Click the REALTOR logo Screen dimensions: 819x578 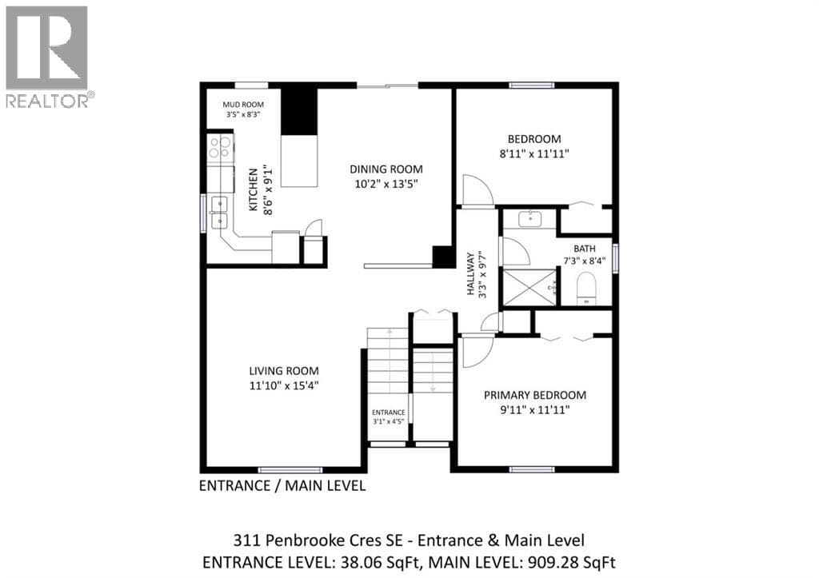coord(48,57)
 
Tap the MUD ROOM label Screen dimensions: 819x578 coord(243,105)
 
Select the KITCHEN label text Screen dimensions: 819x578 coord(254,189)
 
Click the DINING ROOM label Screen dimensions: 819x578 coord(386,169)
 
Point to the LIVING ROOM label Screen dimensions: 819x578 coord(284,371)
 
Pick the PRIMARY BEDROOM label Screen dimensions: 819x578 coord(535,395)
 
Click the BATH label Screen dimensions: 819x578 coord(585,249)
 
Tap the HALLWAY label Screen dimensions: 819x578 coord(471,274)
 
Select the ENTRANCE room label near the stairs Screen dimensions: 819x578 coord(389,413)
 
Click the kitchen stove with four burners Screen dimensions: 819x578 coord(220,147)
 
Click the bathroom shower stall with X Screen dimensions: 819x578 coord(529,287)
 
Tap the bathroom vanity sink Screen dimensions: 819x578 coord(531,218)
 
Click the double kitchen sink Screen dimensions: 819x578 coord(218,212)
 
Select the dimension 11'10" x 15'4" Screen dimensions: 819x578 coord(284,386)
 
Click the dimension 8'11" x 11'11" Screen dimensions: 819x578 coord(533,154)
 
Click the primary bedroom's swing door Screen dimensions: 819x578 coord(477,352)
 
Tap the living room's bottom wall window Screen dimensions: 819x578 coord(291,470)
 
